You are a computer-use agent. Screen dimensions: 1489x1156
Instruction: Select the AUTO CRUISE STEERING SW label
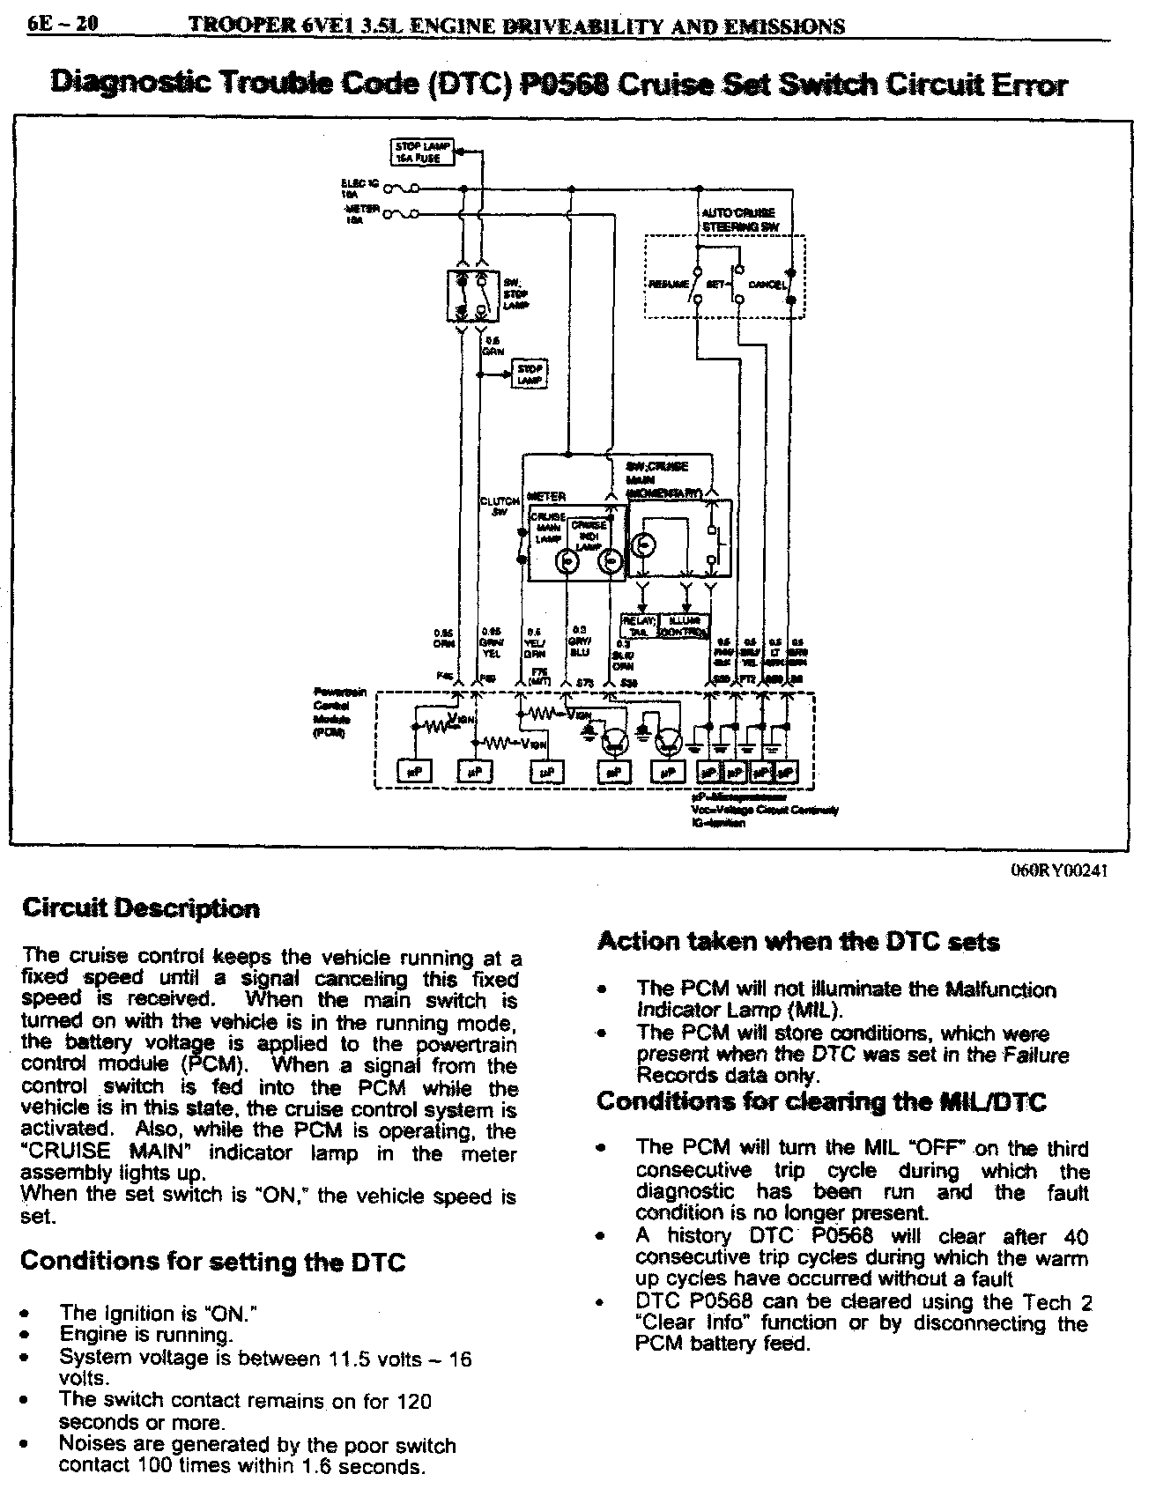point(739,219)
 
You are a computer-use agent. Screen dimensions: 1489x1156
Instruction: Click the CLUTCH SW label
point(500,507)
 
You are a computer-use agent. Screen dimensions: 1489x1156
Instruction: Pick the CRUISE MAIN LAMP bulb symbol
point(568,561)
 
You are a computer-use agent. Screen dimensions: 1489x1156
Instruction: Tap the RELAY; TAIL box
point(638,626)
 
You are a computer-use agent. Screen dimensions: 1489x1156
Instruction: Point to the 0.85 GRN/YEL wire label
point(490,641)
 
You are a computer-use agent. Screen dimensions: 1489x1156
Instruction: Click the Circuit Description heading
point(140,908)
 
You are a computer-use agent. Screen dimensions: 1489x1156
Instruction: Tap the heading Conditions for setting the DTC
point(212,1262)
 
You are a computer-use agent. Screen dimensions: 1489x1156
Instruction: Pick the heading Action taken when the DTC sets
point(798,942)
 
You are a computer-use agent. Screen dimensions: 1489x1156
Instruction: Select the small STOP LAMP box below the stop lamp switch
point(530,374)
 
